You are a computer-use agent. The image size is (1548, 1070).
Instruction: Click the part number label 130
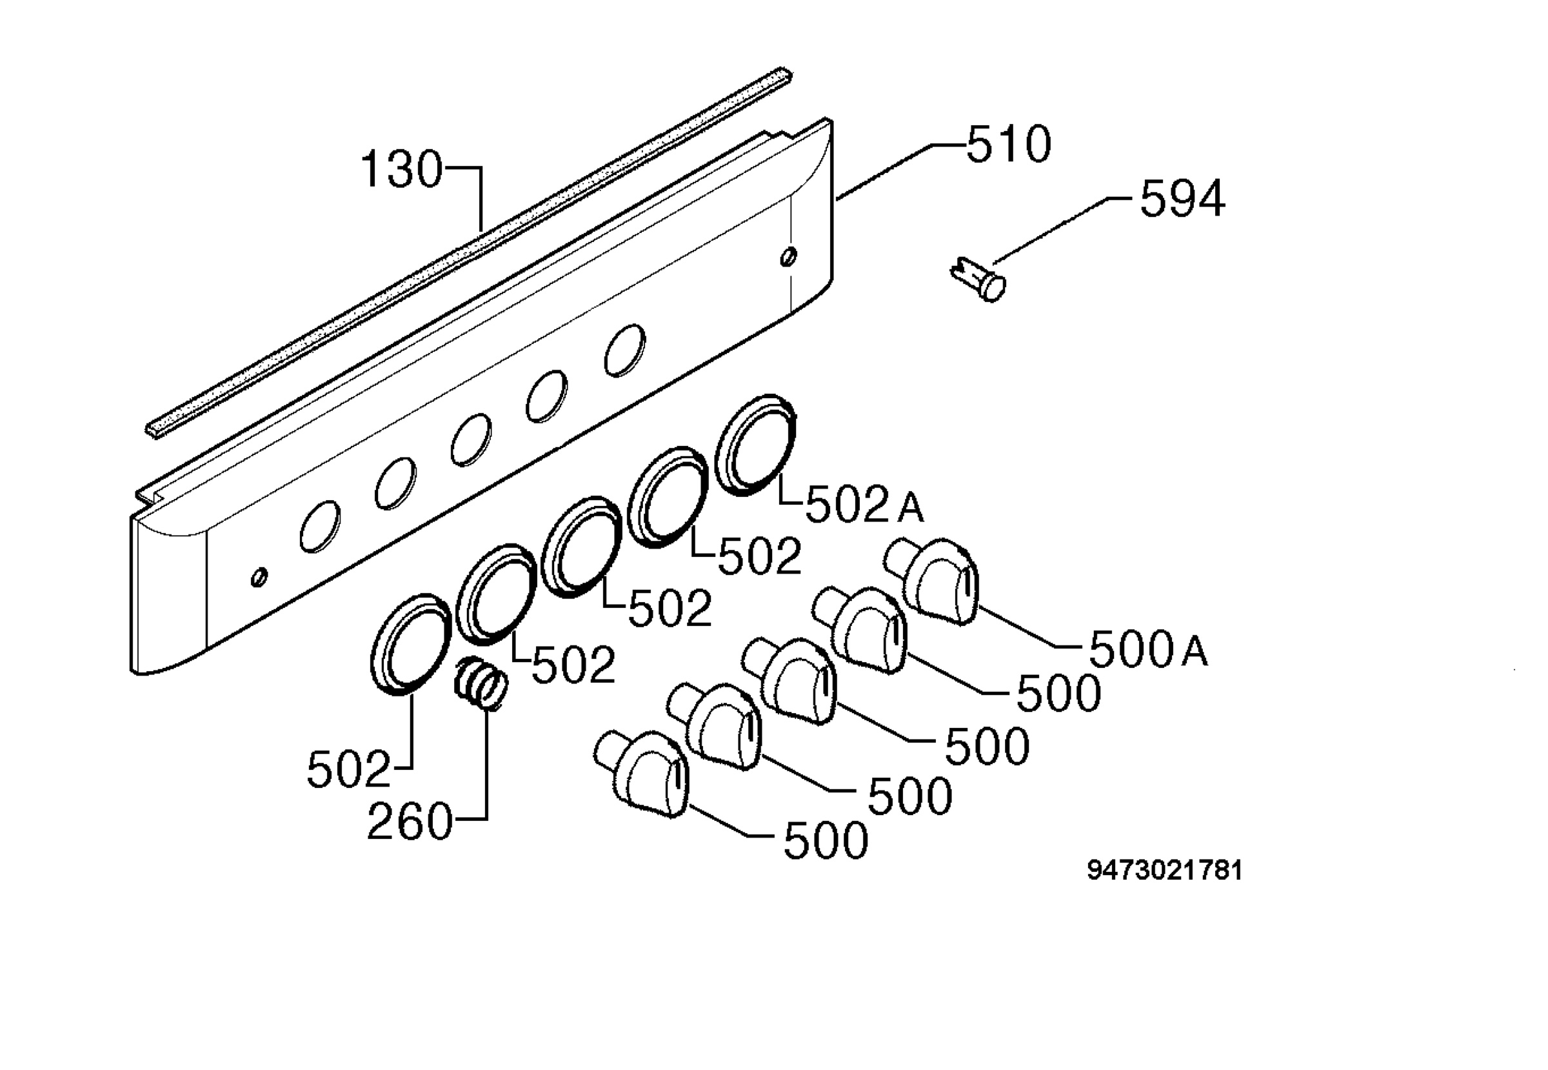pos(401,170)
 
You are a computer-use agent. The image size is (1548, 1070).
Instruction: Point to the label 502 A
pos(864,504)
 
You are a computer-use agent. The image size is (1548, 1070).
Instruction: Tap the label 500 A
pos(1149,649)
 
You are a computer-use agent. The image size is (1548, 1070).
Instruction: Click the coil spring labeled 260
pos(481,683)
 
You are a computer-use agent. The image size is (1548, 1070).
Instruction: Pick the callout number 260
pos(410,822)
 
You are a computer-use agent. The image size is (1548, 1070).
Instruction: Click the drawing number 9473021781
pos(1165,871)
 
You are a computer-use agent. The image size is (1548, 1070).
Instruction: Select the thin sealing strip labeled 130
pos(469,254)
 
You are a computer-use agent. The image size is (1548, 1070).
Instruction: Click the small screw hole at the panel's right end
pos(789,256)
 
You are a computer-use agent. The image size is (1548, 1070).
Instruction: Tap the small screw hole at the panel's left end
pos(259,576)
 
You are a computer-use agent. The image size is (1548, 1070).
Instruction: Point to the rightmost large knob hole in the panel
pos(624,350)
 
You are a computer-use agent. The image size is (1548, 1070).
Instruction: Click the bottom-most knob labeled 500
pos(641,774)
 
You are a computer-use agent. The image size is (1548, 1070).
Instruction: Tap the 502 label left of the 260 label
pos(348,770)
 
